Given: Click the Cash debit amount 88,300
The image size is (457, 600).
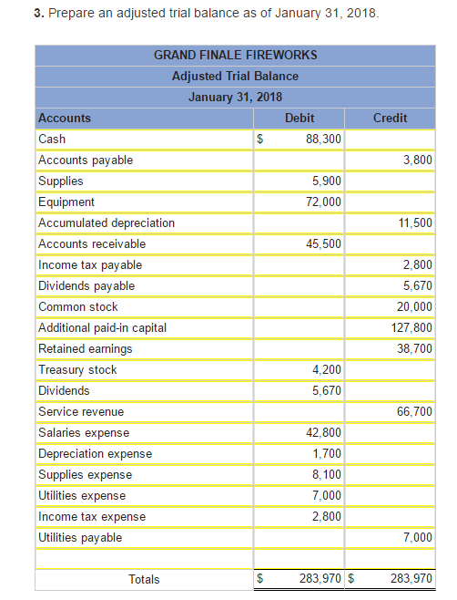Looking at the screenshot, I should pos(324,140).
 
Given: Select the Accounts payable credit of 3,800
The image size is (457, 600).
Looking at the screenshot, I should pos(417,160).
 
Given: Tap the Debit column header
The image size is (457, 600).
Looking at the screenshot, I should pos(300,119).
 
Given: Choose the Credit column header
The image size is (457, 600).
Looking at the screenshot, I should pos(390,119).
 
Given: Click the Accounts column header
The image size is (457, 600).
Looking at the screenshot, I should pos(65,119).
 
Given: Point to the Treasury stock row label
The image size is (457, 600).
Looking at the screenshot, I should pos(77,370).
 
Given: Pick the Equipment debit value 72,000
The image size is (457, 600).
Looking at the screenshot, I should pos(323,202).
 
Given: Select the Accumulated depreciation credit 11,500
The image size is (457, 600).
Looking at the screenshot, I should pos(416,223).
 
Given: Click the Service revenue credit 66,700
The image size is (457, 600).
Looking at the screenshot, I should pos(415,412).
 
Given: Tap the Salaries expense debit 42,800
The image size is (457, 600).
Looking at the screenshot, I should pos(324,433).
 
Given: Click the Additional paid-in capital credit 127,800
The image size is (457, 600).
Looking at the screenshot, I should pos(412,328).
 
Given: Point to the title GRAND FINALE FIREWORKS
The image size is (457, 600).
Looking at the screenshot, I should pos(236,56).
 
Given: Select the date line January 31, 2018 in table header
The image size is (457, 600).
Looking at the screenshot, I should pos(235,98).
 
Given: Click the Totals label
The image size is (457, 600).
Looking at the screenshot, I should pos(144,579).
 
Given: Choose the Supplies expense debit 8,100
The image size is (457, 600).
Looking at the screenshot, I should pos(327,475).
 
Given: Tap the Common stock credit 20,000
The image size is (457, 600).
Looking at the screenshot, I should pos(416,307).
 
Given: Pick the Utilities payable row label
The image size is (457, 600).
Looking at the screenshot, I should pos(80,538).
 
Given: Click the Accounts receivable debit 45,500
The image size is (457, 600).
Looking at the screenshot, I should pos(324,244).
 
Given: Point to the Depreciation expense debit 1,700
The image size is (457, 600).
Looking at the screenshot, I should pos(327,454).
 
